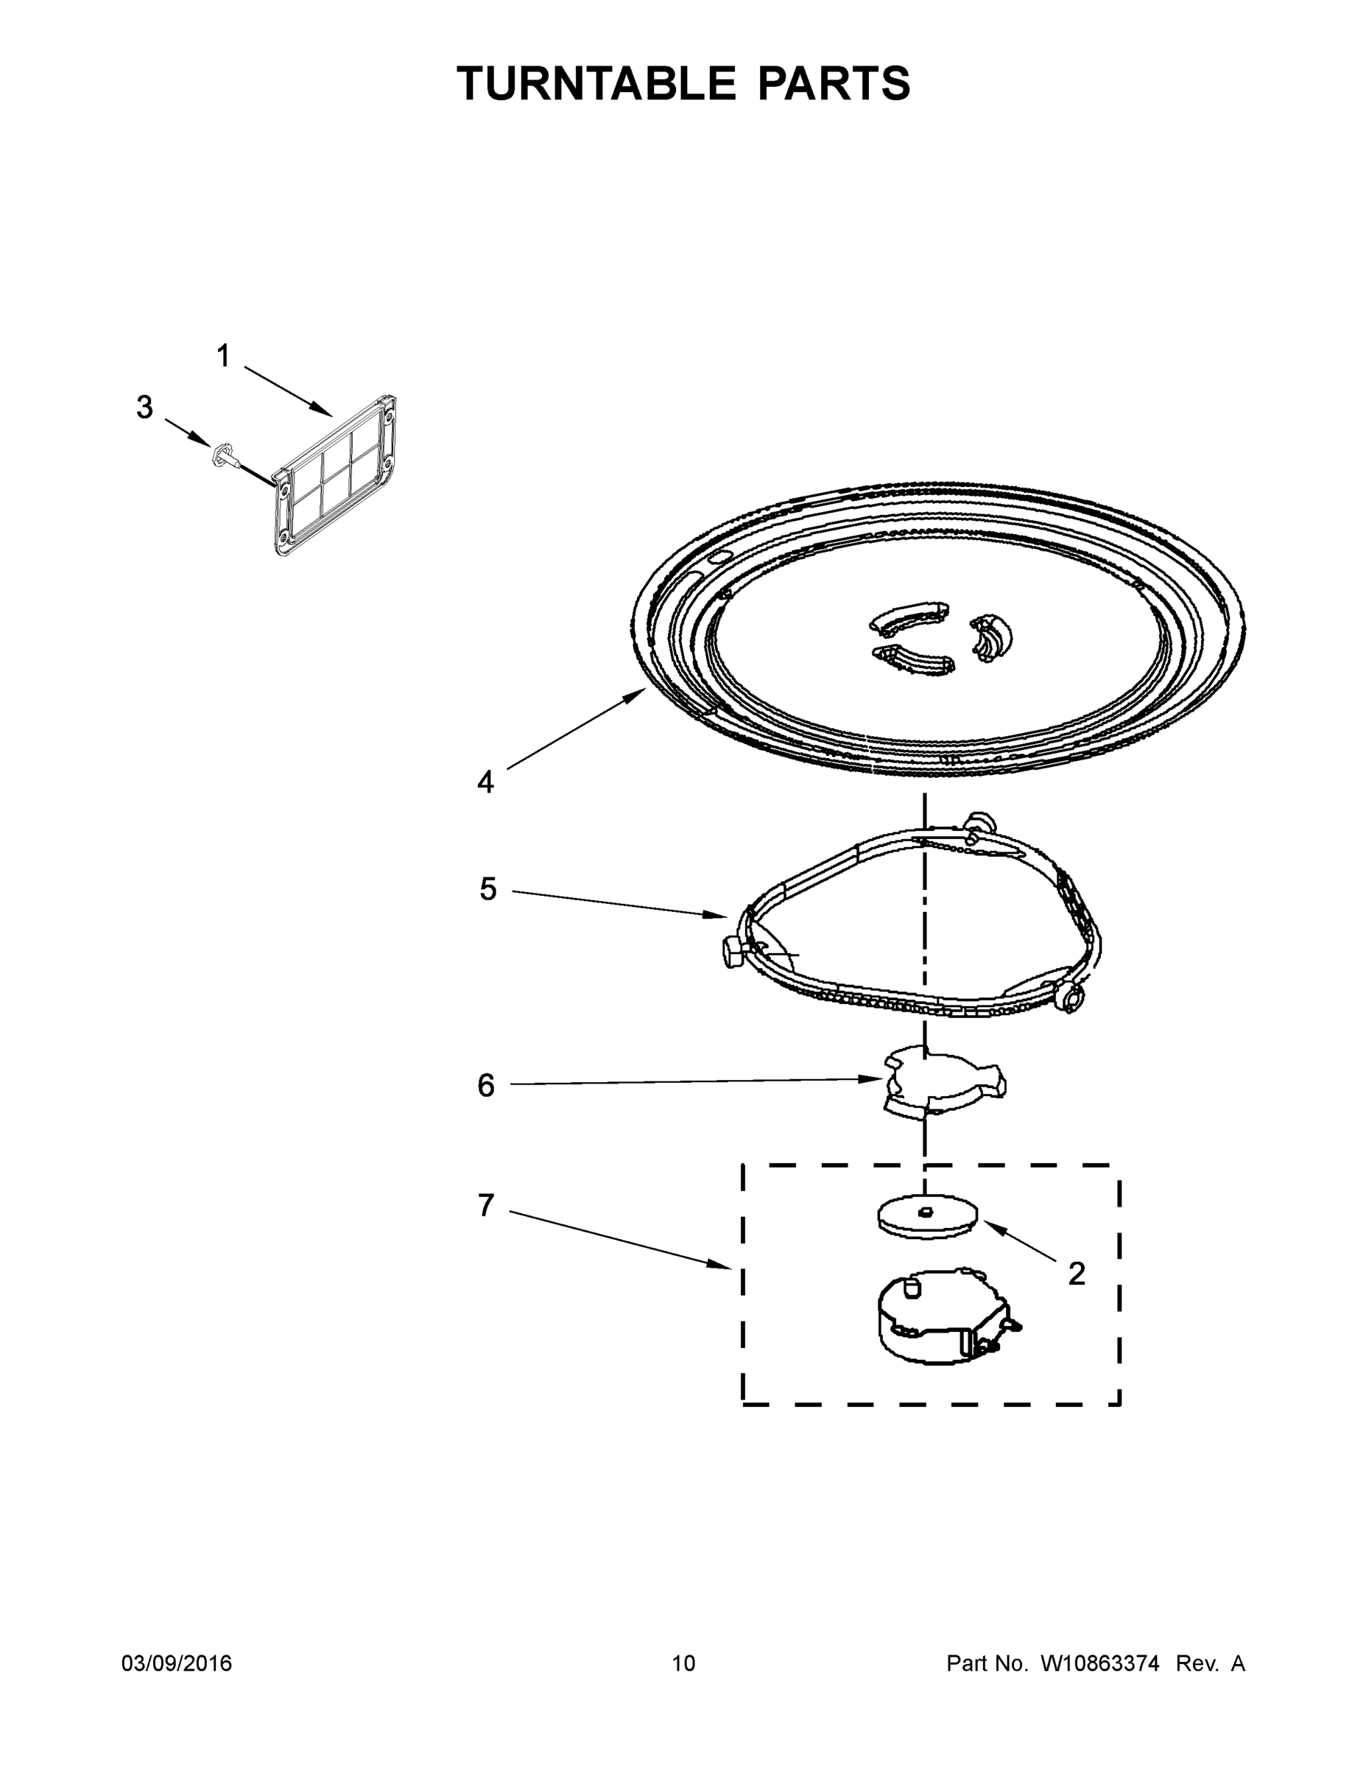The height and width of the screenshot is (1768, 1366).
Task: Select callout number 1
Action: point(223,357)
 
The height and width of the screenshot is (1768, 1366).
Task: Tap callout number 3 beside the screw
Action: point(144,407)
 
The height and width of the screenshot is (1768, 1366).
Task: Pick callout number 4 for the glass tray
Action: point(485,782)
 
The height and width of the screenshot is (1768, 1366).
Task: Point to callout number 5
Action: point(487,889)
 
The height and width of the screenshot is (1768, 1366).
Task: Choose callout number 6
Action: point(485,1086)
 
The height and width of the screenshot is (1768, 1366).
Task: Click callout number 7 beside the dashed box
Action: point(485,1206)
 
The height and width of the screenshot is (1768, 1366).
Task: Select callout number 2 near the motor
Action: point(1077,1274)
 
